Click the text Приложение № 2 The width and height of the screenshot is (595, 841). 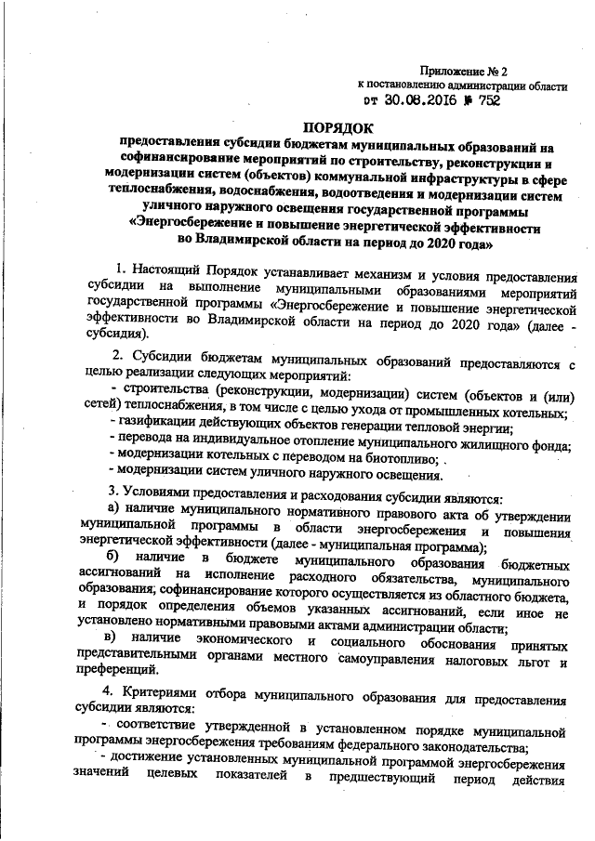pos(464,71)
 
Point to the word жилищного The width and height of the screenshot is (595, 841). pos(489,443)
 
